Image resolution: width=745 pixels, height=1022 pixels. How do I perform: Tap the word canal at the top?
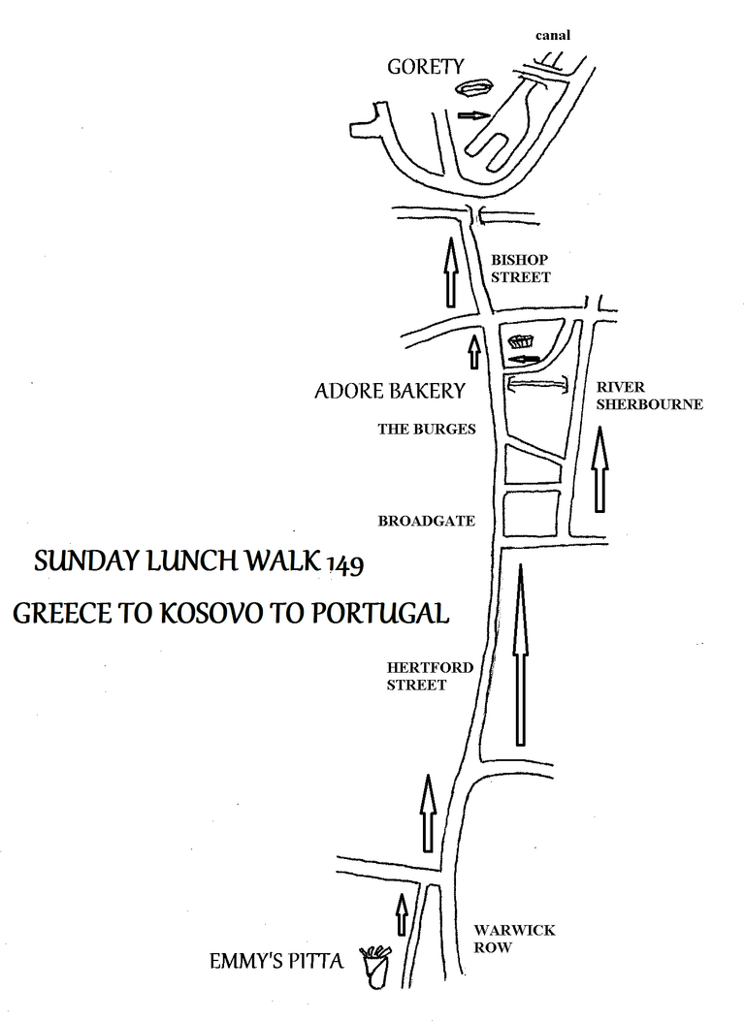tap(553, 36)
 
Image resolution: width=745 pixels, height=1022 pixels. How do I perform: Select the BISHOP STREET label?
tap(519, 269)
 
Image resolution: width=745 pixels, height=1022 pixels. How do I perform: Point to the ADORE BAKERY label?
tap(390, 392)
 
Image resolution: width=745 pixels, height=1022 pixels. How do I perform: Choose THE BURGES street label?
tap(427, 429)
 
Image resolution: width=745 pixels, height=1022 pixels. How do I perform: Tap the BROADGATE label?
tap(426, 521)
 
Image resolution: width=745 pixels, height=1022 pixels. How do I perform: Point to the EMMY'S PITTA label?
tap(276, 963)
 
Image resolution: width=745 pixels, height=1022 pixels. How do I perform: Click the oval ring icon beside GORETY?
tap(474, 90)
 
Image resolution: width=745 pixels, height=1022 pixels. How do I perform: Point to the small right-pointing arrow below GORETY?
tap(471, 115)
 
